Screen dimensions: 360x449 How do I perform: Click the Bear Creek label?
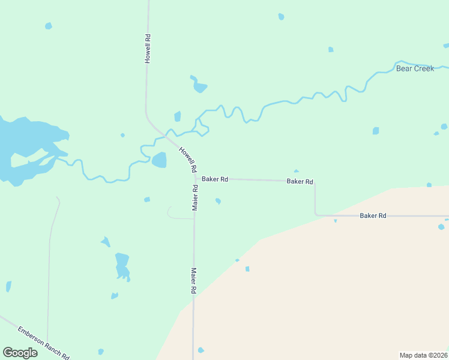(415, 68)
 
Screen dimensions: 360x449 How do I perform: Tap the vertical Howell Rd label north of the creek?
(147, 49)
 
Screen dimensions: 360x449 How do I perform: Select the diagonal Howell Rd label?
(188, 158)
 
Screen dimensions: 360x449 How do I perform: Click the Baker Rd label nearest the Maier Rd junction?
(215, 179)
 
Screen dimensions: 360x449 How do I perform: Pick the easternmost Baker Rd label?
(373, 215)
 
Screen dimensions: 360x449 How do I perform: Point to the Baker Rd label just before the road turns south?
(300, 181)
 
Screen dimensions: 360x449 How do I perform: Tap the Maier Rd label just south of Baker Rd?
(195, 197)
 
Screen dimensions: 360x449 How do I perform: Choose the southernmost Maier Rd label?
(194, 280)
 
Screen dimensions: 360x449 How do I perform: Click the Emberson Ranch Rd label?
(43, 343)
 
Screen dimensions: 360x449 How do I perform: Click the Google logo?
(20, 353)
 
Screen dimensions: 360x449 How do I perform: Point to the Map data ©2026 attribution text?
(423, 355)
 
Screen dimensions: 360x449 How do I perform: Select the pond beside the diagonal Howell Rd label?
(159, 160)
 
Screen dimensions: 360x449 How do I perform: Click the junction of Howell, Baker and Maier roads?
(194, 178)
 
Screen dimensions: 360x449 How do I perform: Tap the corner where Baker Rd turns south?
(315, 181)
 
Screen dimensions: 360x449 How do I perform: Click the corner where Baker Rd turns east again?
(316, 215)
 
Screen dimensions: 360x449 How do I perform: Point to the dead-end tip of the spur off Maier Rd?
(168, 208)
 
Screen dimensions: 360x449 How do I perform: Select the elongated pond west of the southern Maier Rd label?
(122, 266)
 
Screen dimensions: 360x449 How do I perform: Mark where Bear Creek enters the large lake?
(58, 157)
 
